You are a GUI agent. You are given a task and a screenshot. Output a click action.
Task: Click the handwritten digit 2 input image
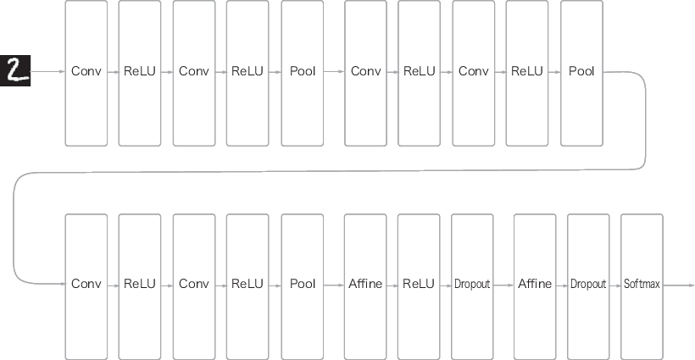click(15, 71)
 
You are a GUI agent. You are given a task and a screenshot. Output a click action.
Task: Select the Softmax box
click(642, 286)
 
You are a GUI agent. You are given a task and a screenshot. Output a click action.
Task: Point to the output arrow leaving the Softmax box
click(679, 285)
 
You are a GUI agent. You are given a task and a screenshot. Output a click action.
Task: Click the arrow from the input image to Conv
click(47, 71)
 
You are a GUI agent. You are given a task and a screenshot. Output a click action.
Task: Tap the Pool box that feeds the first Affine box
click(303, 286)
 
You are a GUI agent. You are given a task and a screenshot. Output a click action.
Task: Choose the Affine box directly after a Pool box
click(365, 286)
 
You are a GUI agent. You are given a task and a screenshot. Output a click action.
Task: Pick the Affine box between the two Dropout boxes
click(535, 286)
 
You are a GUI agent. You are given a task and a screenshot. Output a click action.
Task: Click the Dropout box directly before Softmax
click(588, 286)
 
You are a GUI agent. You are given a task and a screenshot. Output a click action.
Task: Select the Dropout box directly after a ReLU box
click(472, 286)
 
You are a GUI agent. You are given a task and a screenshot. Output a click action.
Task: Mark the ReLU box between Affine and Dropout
click(419, 286)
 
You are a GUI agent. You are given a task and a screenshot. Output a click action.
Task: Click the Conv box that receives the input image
click(86, 73)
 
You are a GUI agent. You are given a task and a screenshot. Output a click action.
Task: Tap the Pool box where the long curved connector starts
click(581, 73)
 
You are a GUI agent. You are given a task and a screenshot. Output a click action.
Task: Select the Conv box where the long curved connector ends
click(86, 286)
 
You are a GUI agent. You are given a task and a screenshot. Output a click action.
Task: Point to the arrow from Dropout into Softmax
click(615, 285)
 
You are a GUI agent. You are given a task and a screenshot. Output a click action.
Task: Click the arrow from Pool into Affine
click(334, 285)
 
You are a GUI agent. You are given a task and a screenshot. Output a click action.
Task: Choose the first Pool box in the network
click(303, 73)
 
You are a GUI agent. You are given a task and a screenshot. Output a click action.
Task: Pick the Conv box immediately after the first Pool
click(365, 73)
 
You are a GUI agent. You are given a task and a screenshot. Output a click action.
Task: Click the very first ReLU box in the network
click(140, 73)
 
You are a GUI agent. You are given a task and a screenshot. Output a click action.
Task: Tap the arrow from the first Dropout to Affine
click(504, 285)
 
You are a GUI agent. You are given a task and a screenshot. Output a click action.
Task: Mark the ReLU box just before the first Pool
click(247, 73)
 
